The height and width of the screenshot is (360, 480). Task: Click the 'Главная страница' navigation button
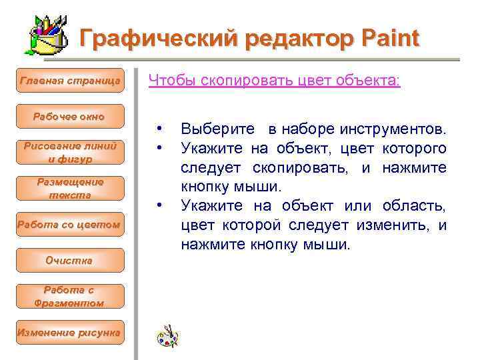[x=70, y=81]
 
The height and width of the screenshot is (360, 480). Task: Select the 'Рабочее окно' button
[x=69, y=117]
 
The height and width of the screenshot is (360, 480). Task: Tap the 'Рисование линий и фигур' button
[x=69, y=153]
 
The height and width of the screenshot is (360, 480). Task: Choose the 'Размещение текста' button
[x=69, y=189]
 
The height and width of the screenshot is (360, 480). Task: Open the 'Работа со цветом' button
[x=69, y=225]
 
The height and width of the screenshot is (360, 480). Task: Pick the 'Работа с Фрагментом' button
[x=69, y=297]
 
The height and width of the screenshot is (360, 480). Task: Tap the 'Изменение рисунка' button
[x=69, y=332]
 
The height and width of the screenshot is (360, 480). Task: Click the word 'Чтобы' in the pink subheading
[x=167, y=81]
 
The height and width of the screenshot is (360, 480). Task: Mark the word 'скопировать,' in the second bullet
[x=303, y=169]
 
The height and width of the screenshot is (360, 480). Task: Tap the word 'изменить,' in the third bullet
[x=397, y=225]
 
